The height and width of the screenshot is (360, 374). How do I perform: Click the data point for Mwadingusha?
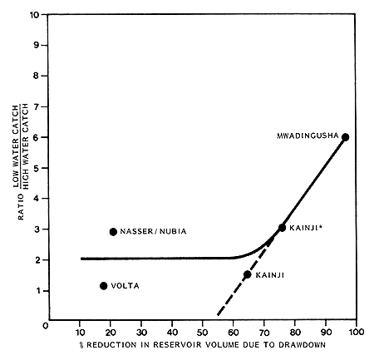coord(345,137)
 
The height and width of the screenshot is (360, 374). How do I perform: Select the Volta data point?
coord(103,285)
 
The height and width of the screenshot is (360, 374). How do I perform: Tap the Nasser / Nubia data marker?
coord(113,231)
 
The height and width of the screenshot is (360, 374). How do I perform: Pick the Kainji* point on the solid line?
coord(282,228)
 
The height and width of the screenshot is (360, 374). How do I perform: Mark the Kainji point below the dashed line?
coord(247,274)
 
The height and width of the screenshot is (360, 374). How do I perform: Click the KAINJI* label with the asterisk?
coord(308,227)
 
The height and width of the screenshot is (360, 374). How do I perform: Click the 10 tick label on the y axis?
coord(34,15)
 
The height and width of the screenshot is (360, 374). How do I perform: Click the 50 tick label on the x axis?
coord(202,331)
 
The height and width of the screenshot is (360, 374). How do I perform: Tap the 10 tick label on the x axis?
coord(81,331)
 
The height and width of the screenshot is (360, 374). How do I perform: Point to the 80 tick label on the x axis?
coord(294,331)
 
